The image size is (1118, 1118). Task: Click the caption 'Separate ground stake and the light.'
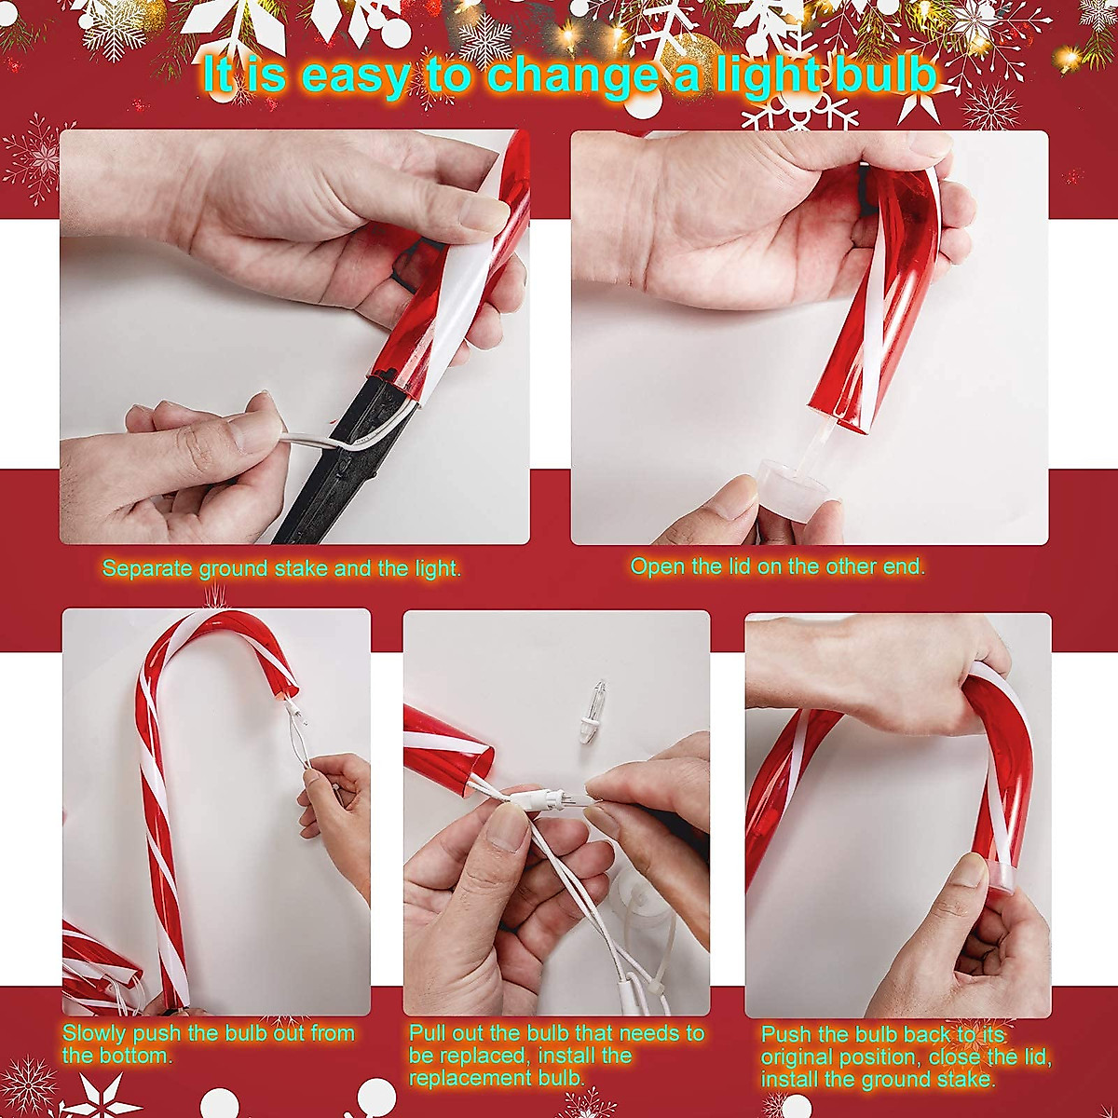(x=281, y=568)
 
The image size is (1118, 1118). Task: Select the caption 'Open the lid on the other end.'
(x=778, y=566)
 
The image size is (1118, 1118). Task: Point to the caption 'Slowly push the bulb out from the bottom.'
(x=208, y=1044)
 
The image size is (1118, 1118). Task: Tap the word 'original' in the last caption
(x=804, y=1057)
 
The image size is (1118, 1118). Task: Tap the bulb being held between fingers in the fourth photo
(x=564, y=798)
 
